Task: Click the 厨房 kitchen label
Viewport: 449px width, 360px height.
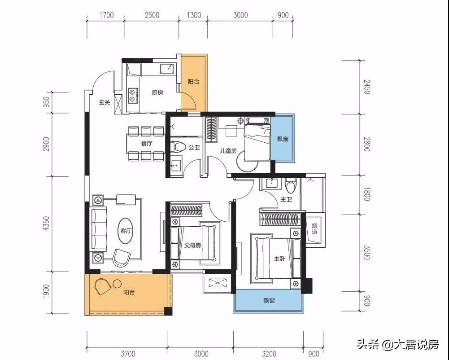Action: click(157, 93)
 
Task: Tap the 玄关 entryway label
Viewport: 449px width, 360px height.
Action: click(105, 102)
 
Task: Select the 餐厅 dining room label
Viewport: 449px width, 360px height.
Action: click(146, 144)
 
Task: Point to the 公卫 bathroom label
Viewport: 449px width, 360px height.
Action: click(194, 147)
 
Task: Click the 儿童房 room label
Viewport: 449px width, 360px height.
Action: click(228, 151)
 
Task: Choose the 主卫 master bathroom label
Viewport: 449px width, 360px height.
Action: click(286, 199)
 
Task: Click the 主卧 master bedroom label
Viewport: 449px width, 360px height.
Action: click(279, 259)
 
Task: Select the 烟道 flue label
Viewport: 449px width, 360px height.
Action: click(314, 229)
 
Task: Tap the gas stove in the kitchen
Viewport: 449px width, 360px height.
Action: click(133, 94)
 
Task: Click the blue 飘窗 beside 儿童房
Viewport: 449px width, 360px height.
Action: click(283, 139)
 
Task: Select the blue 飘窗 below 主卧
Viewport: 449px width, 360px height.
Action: click(269, 300)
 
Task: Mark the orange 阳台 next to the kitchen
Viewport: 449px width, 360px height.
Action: click(193, 82)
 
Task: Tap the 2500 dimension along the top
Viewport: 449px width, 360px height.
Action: click(152, 15)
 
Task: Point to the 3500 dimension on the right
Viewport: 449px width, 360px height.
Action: click(366, 253)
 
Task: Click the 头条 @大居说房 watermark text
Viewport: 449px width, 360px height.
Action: click(397, 345)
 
